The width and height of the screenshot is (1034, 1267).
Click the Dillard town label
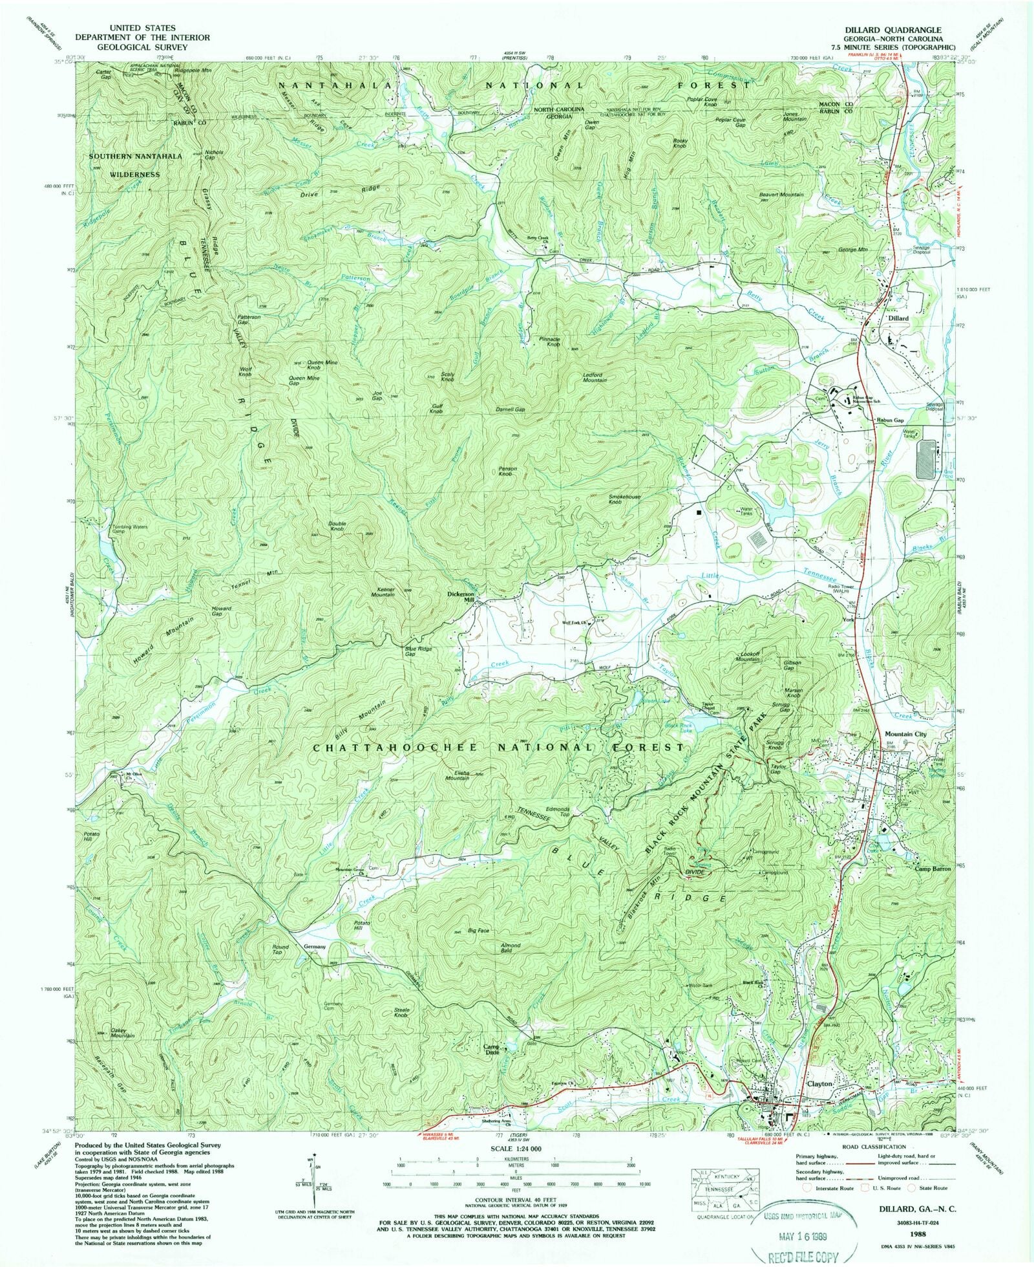(x=897, y=318)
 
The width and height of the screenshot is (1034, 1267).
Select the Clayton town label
(x=819, y=1083)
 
